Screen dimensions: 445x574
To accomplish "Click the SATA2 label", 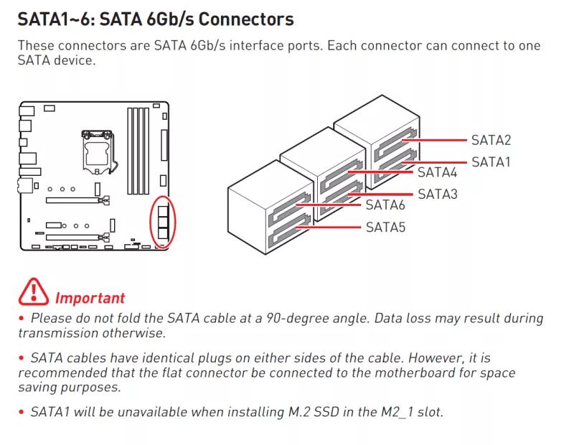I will pos(491,141).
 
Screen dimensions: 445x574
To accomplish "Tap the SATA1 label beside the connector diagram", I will pos(491,162).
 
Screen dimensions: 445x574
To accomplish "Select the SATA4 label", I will pos(437,172).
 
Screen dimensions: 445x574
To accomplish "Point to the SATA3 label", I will pos(437,194).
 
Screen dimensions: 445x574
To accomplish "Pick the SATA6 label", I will pos(385,205).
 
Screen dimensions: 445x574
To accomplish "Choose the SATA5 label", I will pos(385,228).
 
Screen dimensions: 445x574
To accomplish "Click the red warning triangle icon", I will pos(34,291).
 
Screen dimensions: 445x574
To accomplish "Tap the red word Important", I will pos(90,298).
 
